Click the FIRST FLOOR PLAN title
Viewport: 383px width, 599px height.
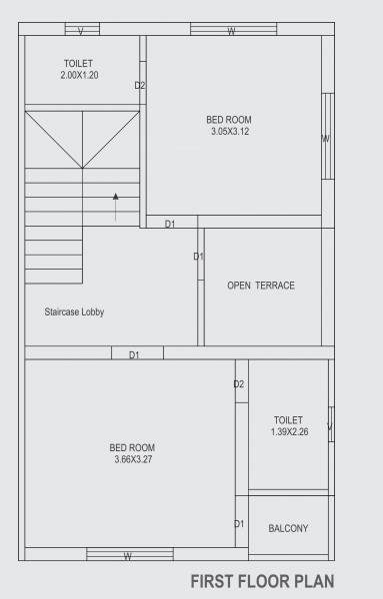click(x=262, y=580)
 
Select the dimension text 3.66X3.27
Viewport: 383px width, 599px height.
click(x=132, y=459)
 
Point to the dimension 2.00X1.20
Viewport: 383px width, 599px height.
click(x=79, y=76)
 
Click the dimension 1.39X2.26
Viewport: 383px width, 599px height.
click(x=288, y=431)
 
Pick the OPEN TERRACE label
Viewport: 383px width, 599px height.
click(x=261, y=286)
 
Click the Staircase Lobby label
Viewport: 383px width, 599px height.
click(x=74, y=312)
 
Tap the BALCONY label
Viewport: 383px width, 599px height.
click(x=288, y=528)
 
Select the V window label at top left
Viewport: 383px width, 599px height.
click(x=81, y=31)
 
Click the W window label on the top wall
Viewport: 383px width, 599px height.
click(x=231, y=31)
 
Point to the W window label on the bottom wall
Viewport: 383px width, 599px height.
click(x=127, y=556)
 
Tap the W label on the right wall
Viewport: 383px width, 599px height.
click(x=326, y=139)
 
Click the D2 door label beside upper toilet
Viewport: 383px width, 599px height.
click(x=140, y=86)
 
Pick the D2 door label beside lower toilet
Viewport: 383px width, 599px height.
click(x=239, y=384)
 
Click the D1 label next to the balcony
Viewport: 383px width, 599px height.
click(x=239, y=524)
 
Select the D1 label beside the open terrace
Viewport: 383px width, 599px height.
click(x=198, y=257)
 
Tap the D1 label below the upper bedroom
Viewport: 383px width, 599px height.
click(x=170, y=224)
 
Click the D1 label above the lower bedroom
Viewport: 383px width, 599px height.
click(x=133, y=354)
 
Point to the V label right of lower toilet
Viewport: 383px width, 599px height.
click(x=329, y=429)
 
